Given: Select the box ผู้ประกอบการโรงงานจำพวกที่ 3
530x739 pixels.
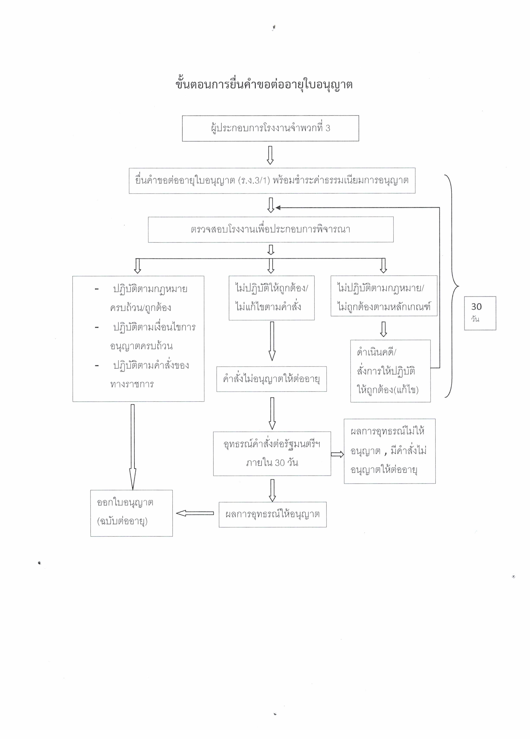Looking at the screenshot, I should click(270, 128).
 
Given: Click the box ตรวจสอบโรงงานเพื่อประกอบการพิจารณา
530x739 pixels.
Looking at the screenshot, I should click(270, 229).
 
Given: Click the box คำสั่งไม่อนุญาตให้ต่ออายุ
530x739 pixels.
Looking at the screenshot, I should click(271, 379).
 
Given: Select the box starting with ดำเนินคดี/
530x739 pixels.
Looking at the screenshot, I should click(390, 371).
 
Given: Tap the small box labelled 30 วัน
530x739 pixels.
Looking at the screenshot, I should click(480, 313).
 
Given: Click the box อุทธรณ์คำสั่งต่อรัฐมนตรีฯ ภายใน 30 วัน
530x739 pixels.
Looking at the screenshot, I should click(272, 453).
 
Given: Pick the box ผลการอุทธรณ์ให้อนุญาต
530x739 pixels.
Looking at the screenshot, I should click(272, 514).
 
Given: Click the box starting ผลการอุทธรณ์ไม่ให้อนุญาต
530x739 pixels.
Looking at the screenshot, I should click(390, 451).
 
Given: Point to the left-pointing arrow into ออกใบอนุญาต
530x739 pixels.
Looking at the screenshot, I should click(195, 513).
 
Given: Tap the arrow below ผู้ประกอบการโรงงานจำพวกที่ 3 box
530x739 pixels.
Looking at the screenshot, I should click(270, 155).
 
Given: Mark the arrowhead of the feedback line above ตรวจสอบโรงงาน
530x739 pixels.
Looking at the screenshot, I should click(278, 207).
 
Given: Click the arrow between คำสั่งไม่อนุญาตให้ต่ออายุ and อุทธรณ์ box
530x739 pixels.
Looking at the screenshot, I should click(272, 413).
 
